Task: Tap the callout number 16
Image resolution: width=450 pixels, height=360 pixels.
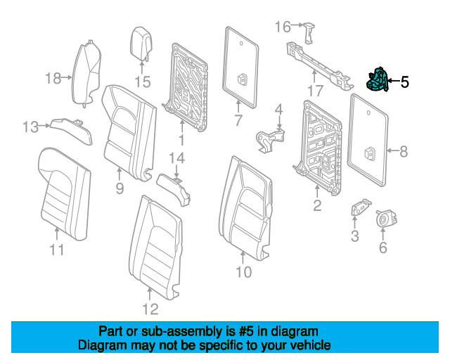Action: (282, 27)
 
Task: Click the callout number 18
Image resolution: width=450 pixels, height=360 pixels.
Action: (53, 78)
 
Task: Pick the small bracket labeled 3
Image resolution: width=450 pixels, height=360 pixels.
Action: (359, 208)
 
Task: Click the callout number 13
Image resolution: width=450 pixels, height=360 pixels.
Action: (30, 127)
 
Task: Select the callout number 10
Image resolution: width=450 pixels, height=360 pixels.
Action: (243, 272)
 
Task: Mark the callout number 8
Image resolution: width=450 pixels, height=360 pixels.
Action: (403, 150)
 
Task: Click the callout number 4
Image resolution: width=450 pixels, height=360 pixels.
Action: (278, 109)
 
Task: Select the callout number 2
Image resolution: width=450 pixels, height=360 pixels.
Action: (317, 205)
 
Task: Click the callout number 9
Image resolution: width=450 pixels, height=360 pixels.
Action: (119, 188)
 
